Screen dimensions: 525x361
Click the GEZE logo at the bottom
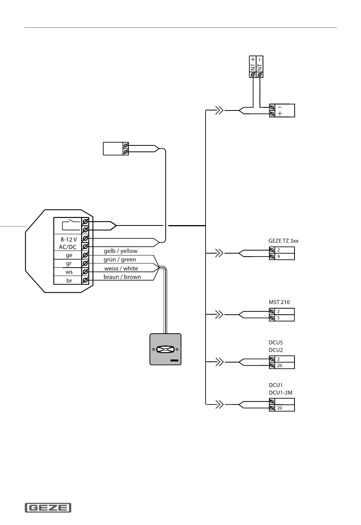tap(48, 508)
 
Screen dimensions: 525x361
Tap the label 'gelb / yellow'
tap(120, 251)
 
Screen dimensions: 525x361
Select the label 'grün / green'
tap(120, 260)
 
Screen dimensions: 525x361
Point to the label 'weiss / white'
tap(121, 268)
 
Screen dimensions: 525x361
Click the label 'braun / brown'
tap(122, 277)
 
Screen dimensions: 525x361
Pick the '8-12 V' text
tap(68, 240)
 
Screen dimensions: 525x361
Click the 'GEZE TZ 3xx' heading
tap(283, 241)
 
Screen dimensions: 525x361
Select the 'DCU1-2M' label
tap(280, 393)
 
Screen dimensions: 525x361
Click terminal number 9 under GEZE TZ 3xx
tap(279, 257)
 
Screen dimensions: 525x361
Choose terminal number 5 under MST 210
tap(279, 318)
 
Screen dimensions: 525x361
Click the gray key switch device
tap(165, 349)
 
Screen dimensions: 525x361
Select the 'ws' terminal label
tap(69, 272)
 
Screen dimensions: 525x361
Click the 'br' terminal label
tap(69, 281)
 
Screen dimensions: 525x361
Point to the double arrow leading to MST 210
tap(220, 314)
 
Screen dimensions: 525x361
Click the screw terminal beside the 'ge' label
tap(85, 255)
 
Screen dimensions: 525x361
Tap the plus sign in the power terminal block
tap(280, 114)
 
